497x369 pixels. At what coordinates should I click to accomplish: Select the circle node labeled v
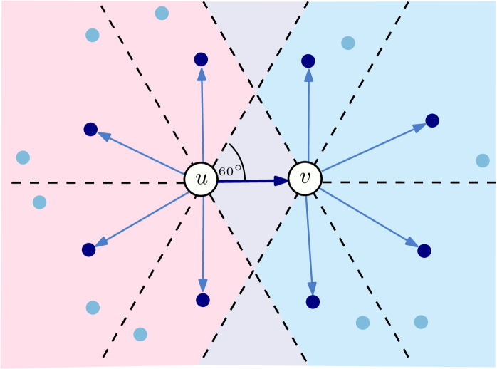click(x=305, y=180)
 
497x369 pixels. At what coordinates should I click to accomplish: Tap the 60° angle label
click(x=231, y=171)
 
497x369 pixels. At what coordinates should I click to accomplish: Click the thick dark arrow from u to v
click(x=253, y=181)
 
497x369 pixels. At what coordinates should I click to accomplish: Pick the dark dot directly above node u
click(x=201, y=59)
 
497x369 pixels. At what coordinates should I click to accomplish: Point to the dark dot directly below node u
click(x=203, y=300)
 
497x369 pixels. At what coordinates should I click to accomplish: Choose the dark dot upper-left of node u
click(x=90, y=130)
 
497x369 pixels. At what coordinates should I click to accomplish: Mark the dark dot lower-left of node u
click(x=88, y=250)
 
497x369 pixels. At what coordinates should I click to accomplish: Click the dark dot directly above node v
click(x=308, y=61)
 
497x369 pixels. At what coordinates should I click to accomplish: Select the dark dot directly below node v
click(x=312, y=302)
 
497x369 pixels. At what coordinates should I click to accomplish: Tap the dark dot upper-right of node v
click(x=431, y=120)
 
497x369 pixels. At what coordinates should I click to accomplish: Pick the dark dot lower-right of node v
click(x=424, y=250)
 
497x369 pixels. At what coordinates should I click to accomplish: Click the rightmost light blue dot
click(x=483, y=160)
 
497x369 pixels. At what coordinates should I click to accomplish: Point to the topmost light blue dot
click(x=162, y=12)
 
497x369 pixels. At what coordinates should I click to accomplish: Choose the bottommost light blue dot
click(x=140, y=333)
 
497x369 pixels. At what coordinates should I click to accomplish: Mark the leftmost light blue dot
click(x=23, y=157)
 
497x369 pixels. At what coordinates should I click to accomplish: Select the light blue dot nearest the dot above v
click(x=347, y=43)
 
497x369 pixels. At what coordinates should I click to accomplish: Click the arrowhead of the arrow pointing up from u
click(x=202, y=73)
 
